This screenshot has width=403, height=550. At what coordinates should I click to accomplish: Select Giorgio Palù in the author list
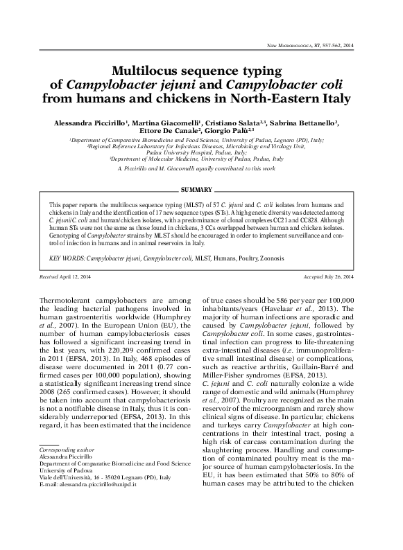click(x=230, y=130)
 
